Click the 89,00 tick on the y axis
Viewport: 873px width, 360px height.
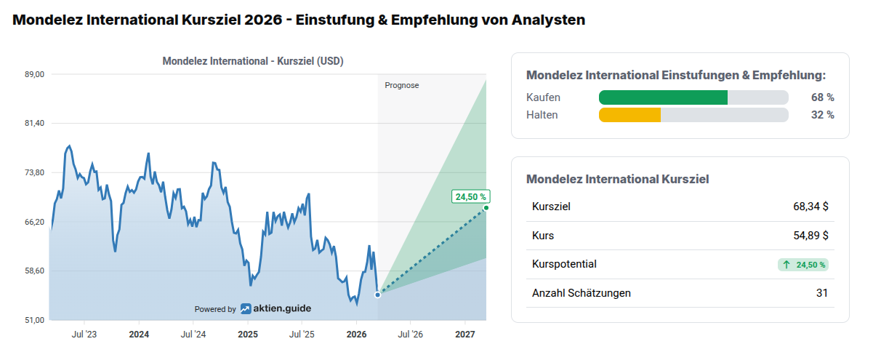click(35, 74)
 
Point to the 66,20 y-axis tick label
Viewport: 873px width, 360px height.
click(35, 222)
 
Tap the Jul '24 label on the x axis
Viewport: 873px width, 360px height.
click(193, 335)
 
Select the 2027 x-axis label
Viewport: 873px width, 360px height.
click(465, 335)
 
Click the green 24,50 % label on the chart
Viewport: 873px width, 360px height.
click(470, 196)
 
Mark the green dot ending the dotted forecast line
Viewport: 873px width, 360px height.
click(486, 209)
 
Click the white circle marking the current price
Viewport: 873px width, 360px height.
click(378, 295)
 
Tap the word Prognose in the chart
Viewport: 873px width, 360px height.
click(402, 85)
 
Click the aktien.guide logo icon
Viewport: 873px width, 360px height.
click(246, 309)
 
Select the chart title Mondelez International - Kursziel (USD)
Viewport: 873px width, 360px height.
click(253, 61)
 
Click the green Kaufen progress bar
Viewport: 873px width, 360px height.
click(663, 97)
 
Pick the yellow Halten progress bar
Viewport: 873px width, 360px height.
click(629, 115)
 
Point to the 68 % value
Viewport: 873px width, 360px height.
click(823, 97)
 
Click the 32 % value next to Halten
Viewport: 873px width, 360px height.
click(823, 115)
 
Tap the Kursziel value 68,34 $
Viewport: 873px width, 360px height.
click(810, 207)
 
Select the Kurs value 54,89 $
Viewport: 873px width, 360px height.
click(810, 236)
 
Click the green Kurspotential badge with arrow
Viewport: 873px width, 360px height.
click(803, 265)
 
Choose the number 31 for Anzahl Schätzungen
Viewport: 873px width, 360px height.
click(821, 293)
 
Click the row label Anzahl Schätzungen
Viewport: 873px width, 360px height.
click(582, 293)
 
